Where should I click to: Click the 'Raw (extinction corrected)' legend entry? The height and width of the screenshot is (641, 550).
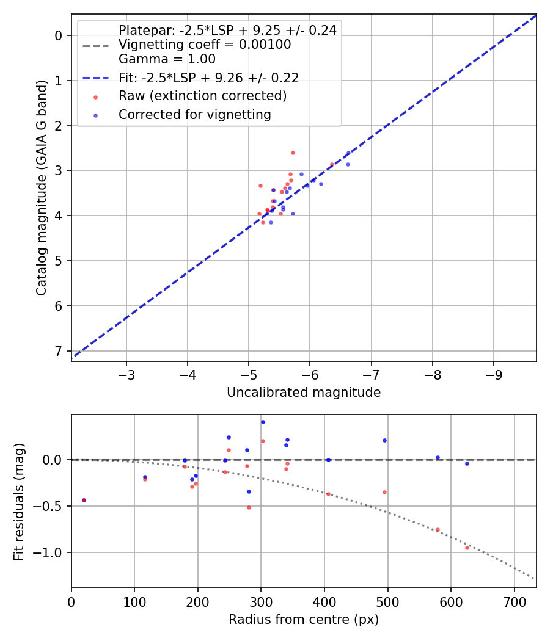pos(202,96)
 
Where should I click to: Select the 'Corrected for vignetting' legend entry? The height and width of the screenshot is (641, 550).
pos(195,115)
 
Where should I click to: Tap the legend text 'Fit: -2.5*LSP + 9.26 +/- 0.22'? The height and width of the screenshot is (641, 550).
pos(208,78)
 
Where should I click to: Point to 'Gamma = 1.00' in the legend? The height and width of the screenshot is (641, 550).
pos(167,59)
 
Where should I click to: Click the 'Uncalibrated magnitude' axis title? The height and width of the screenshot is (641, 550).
pos(304,393)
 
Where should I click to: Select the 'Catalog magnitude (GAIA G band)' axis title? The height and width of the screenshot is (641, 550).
pos(42,188)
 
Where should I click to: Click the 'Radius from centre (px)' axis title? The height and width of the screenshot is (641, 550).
pos(304,620)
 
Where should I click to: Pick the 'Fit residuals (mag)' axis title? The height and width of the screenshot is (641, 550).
pos(20,501)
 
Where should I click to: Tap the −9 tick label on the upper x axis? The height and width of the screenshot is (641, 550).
pos(494,374)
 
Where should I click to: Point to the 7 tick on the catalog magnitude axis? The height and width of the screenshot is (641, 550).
pos(59,351)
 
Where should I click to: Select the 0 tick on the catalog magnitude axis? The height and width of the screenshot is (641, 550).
pos(59,35)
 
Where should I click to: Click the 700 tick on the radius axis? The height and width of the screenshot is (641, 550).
pos(514,601)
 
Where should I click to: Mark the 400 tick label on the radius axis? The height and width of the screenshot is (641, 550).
pos(324,601)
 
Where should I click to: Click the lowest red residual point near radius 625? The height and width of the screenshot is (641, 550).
pos(467,548)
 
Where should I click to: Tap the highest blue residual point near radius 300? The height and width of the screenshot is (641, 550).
pos(263,422)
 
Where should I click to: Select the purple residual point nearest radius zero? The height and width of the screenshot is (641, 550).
pos(84,500)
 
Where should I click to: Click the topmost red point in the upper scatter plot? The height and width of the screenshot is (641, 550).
pos(293,153)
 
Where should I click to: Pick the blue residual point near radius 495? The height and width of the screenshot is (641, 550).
pos(384,440)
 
